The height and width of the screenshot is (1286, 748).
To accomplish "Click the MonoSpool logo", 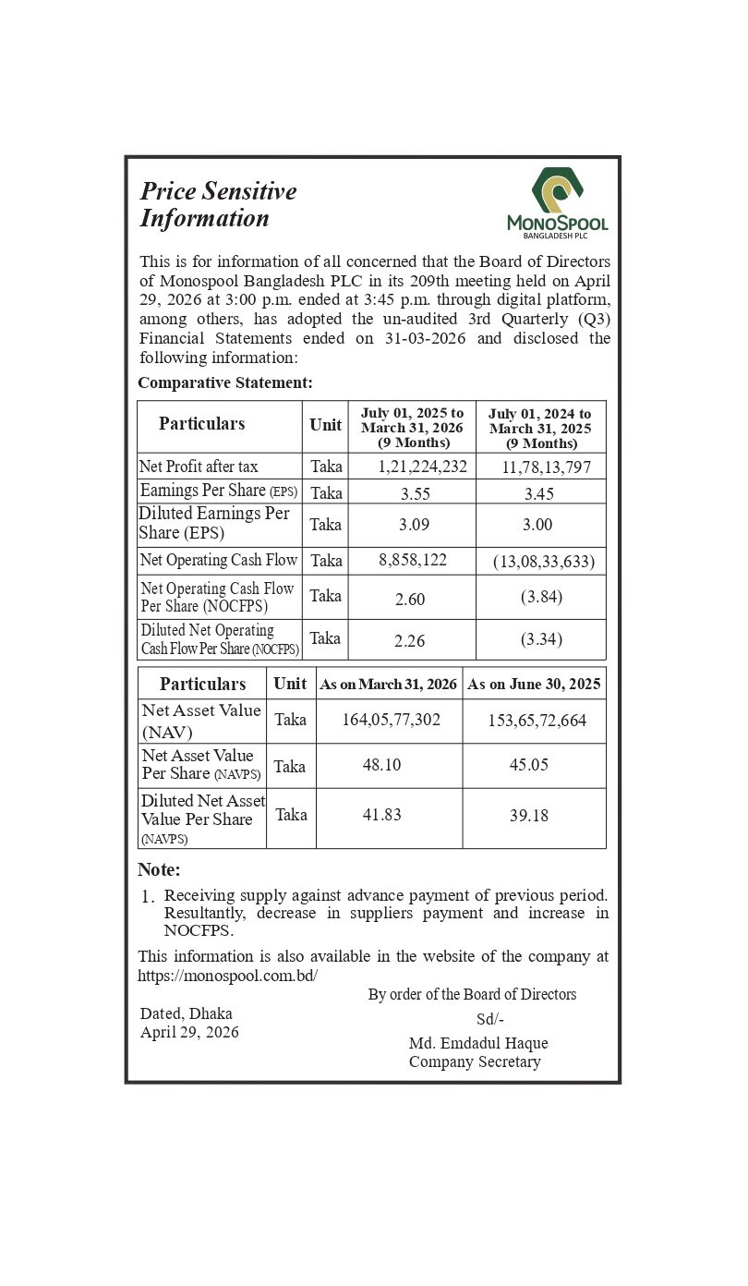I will point(557,202).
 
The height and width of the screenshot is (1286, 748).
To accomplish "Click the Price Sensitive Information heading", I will point(218,204).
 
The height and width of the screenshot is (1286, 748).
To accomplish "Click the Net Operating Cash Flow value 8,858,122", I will point(413,560).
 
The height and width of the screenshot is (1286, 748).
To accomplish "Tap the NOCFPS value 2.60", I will point(410,600).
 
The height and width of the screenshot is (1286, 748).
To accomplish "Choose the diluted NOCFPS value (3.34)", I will point(541,639).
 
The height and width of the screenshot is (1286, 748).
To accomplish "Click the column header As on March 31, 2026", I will point(388,685).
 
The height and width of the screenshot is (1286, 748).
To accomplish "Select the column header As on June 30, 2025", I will point(534,685).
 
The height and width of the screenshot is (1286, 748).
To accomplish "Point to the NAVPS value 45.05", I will point(529,765).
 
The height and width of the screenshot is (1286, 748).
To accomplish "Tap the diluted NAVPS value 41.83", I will point(381,815).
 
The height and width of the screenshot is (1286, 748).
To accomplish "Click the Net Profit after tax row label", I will point(199,467).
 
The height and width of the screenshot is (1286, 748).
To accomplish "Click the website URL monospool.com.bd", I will point(227,976).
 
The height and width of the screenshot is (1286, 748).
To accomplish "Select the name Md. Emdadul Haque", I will point(478,1043).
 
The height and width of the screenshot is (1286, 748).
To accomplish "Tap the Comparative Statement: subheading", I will point(225,382).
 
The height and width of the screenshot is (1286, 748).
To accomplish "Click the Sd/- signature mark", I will point(489,1019).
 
